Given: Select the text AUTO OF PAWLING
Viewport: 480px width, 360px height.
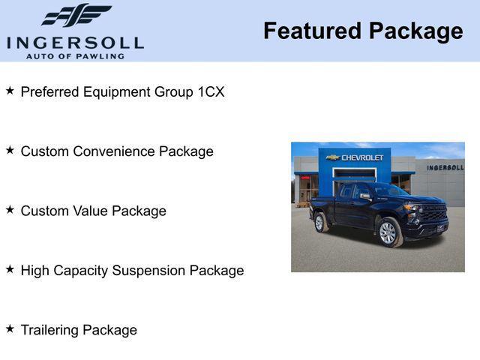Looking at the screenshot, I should coord(74,56).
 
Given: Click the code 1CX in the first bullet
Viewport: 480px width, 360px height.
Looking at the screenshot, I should coord(211,92).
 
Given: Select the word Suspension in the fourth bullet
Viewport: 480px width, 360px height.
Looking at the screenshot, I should coord(149,271).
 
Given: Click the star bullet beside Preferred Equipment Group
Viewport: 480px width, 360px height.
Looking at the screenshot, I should coord(10,91).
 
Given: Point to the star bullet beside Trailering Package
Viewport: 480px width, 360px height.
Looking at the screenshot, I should coord(10,328).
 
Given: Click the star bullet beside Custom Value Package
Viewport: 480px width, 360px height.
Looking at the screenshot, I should coord(10,209).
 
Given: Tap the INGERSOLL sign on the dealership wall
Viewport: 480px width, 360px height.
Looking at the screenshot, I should coord(445,167).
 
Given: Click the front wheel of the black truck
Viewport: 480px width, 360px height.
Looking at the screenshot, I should coord(388,232).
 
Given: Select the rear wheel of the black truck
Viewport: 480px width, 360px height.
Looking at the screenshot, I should coord(321,222).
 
